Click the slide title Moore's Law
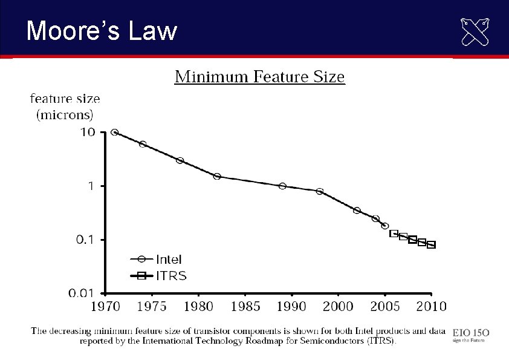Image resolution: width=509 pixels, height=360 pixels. [x=102, y=30]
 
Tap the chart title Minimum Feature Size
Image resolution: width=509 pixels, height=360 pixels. [x=260, y=77]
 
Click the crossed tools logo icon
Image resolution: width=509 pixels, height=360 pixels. [x=475, y=32]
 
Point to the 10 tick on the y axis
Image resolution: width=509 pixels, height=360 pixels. [x=88, y=133]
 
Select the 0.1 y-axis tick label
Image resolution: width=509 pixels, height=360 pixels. [x=84, y=240]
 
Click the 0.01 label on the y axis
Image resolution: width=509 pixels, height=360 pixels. [x=81, y=293]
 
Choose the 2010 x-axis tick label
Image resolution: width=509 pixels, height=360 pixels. [x=431, y=306]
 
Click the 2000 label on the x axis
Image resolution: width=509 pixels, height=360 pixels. [x=339, y=306]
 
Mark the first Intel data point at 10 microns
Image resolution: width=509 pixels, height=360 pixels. [x=115, y=133]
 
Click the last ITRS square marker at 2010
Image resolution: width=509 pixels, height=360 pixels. [x=431, y=245]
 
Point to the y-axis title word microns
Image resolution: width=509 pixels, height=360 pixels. [x=65, y=114]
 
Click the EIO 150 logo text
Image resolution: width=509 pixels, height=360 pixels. [x=471, y=332]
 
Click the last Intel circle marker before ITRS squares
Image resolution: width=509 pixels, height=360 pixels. [x=385, y=226]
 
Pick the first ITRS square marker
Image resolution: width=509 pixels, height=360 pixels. [x=394, y=234]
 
